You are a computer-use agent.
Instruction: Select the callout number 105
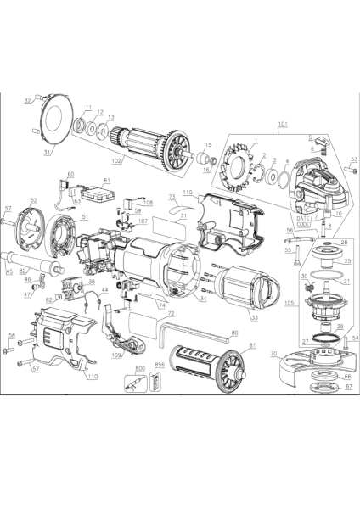290,301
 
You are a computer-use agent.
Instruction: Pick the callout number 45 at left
9,272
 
